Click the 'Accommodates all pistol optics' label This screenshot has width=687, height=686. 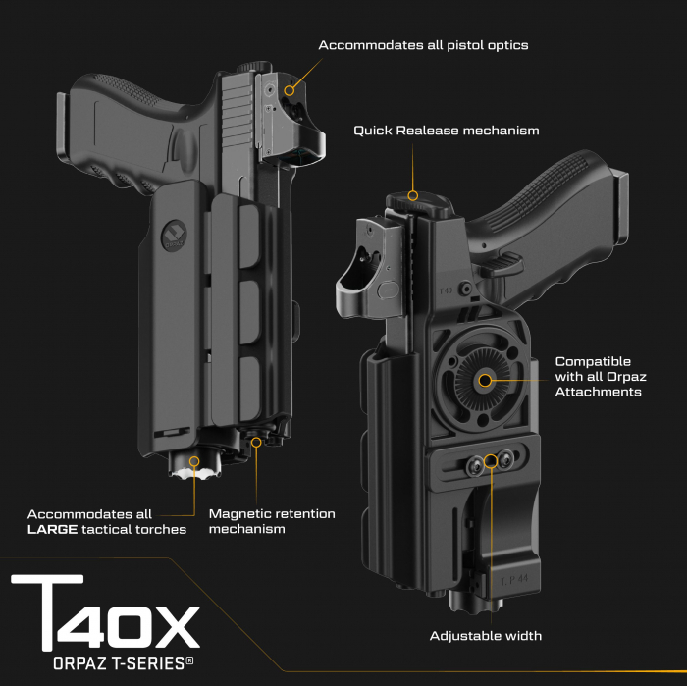[425, 45]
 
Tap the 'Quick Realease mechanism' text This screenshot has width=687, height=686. [447, 131]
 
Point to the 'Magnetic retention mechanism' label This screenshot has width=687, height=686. [272, 521]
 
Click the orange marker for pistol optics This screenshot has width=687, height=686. [289, 90]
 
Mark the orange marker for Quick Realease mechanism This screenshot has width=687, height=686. [413, 195]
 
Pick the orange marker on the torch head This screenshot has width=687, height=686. [195, 460]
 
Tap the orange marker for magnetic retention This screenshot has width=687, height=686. [256, 442]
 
